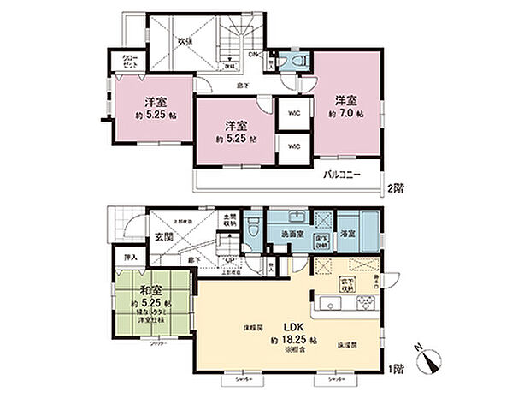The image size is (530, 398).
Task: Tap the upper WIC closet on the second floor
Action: click(x=293, y=110)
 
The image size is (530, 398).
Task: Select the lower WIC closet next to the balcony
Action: click(x=293, y=146)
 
